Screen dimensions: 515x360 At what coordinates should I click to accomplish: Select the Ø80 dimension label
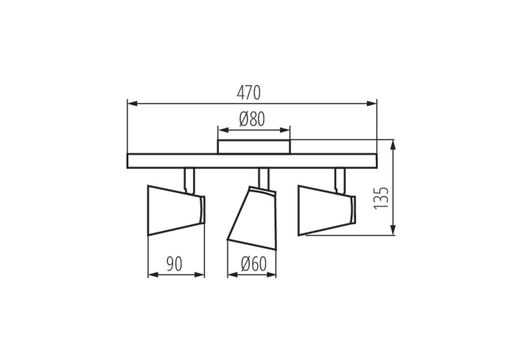tap(252, 119)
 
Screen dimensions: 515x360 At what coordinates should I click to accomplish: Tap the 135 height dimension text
tap(381, 198)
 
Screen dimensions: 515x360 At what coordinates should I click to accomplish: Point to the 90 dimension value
tap(174, 264)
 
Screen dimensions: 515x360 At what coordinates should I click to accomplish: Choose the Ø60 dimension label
tap(253, 264)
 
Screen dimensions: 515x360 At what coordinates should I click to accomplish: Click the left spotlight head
tap(176, 211)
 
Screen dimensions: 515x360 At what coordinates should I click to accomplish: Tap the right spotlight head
tap(327, 211)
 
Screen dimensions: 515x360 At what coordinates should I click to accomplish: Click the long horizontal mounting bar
tap(252, 161)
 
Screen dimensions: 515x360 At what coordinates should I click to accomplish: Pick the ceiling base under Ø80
tap(254, 146)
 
